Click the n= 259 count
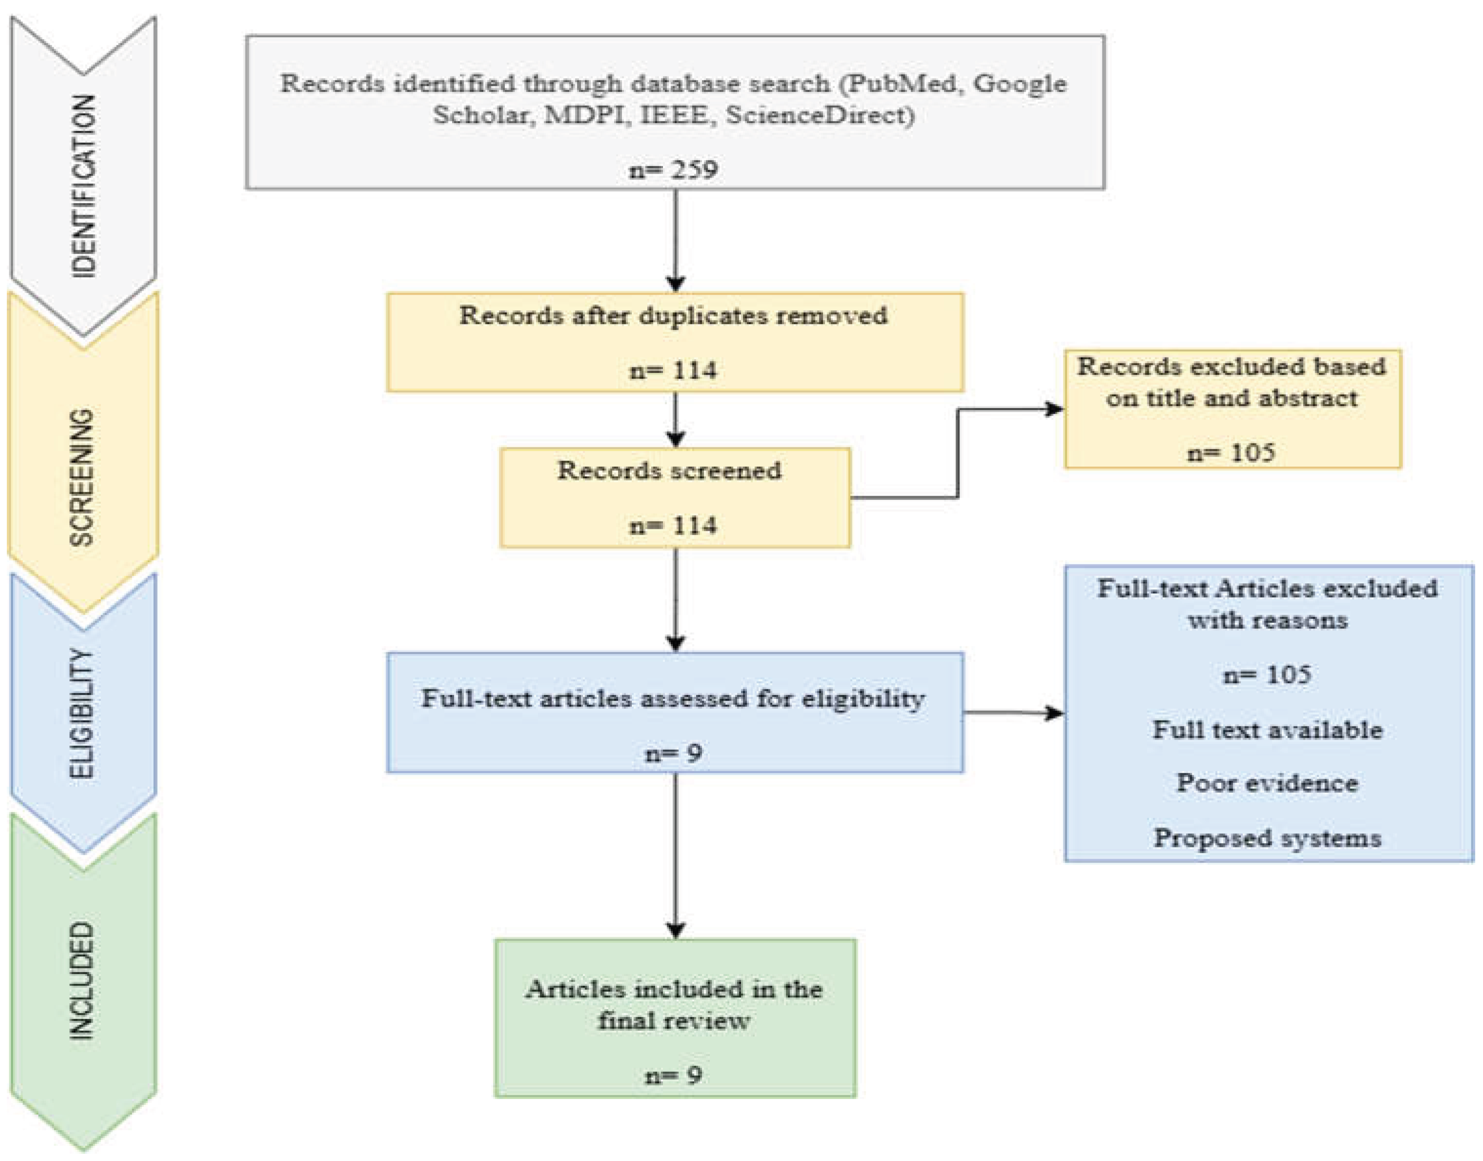673,169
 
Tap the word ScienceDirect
820,115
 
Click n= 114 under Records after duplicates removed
673,370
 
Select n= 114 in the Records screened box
673,525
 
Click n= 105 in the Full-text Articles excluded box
1267,674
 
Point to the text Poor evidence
1267,783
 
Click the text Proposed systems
1267,838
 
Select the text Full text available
1267,729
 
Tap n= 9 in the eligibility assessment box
673,753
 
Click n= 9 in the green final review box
673,1075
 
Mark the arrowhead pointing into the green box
675,930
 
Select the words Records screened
669,470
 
